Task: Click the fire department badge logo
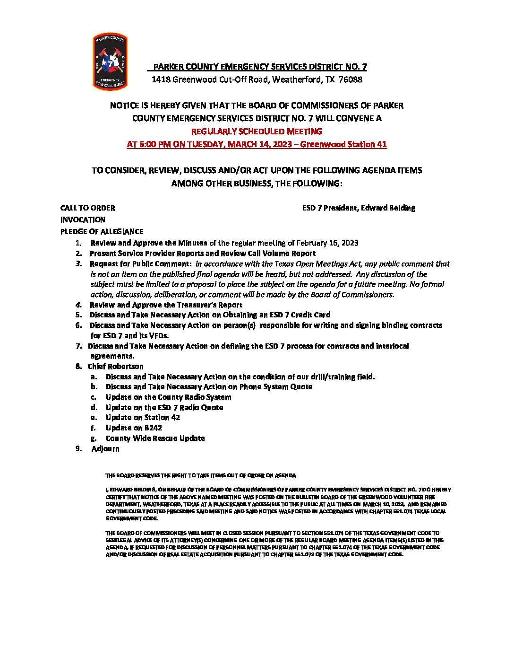[x=110, y=61]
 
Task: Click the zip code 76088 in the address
[x=351, y=79]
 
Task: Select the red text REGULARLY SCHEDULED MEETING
[x=257, y=131]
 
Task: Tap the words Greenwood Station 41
[x=343, y=144]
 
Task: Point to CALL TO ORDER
[x=87, y=208]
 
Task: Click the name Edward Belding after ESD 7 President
[x=388, y=208]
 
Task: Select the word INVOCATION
[x=83, y=220]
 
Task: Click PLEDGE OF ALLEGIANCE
[x=102, y=232]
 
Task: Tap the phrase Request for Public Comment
[x=140, y=264]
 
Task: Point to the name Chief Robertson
[x=115, y=367]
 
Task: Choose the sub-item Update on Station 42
[x=143, y=418]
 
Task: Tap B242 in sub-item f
[x=153, y=428]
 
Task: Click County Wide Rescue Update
[x=155, y=438]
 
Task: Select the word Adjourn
[x=105, y=449]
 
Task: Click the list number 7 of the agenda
[x=78, y=346]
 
